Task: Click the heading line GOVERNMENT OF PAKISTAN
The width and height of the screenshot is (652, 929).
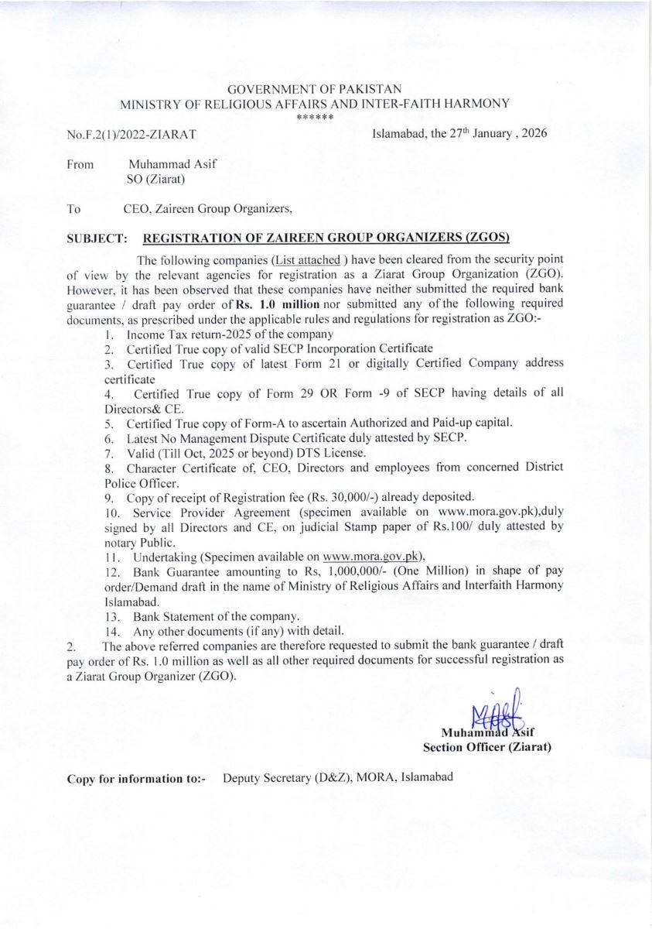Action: (315, 90)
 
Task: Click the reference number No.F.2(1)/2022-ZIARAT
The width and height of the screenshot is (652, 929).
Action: (131, 135)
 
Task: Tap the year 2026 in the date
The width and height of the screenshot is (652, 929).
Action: (534, 132)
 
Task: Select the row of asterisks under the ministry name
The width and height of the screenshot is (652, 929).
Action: (315, 117)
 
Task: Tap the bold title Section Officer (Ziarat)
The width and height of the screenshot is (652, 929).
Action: (486, 748)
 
